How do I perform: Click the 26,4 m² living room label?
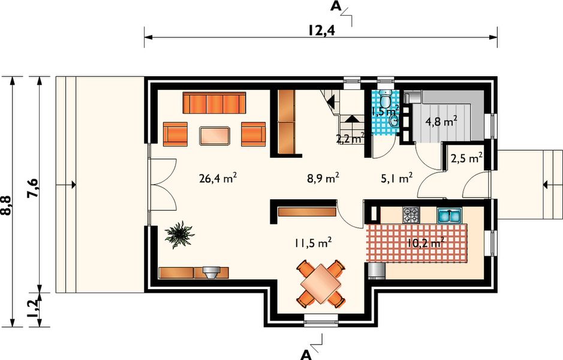[218, 178]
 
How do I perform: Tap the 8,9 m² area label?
[323, 178]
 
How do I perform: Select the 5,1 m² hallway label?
[396, 178]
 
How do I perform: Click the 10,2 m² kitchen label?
[426, 243]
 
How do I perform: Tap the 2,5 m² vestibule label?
[466, 158]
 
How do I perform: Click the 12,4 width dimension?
[321, 31]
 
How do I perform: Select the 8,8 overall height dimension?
[7, 206]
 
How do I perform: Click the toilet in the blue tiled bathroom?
[386, 98]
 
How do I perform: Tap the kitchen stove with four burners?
[411, 215]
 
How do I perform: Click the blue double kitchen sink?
[450, 215]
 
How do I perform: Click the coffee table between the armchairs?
[215, 136]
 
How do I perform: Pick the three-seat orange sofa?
[214, 103]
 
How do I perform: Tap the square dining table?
[321, 284]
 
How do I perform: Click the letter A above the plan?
[335, 6]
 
